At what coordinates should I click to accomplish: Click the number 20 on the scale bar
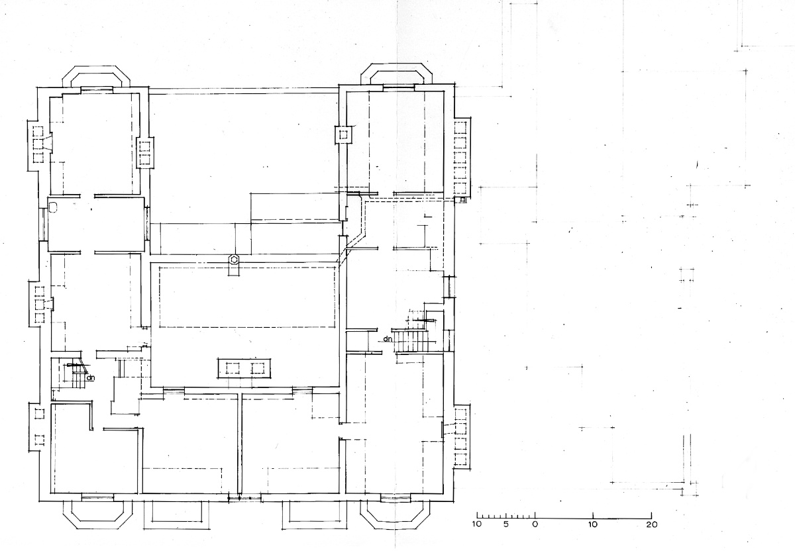pos(652,525)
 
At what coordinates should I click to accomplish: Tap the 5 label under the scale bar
pos(506,525)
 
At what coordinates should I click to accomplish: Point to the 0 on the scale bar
pos(535,525)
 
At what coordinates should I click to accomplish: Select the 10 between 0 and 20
pos(593,525)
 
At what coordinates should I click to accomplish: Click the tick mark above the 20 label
pos(651,515)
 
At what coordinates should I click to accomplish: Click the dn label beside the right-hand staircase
pos(388,339)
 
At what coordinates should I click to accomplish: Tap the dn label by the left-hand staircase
pos(91,377)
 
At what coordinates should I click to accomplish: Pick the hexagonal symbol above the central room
pos(234,260)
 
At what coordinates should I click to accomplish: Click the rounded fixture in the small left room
pos(53,207)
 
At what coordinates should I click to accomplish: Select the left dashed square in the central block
pos(233,368)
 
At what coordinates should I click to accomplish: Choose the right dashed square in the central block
pos(258,368)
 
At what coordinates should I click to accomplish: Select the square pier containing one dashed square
pos(343,134)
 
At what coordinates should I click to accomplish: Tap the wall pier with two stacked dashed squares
pos(145,153)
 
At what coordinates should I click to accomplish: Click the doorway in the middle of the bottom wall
pos(244,498)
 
